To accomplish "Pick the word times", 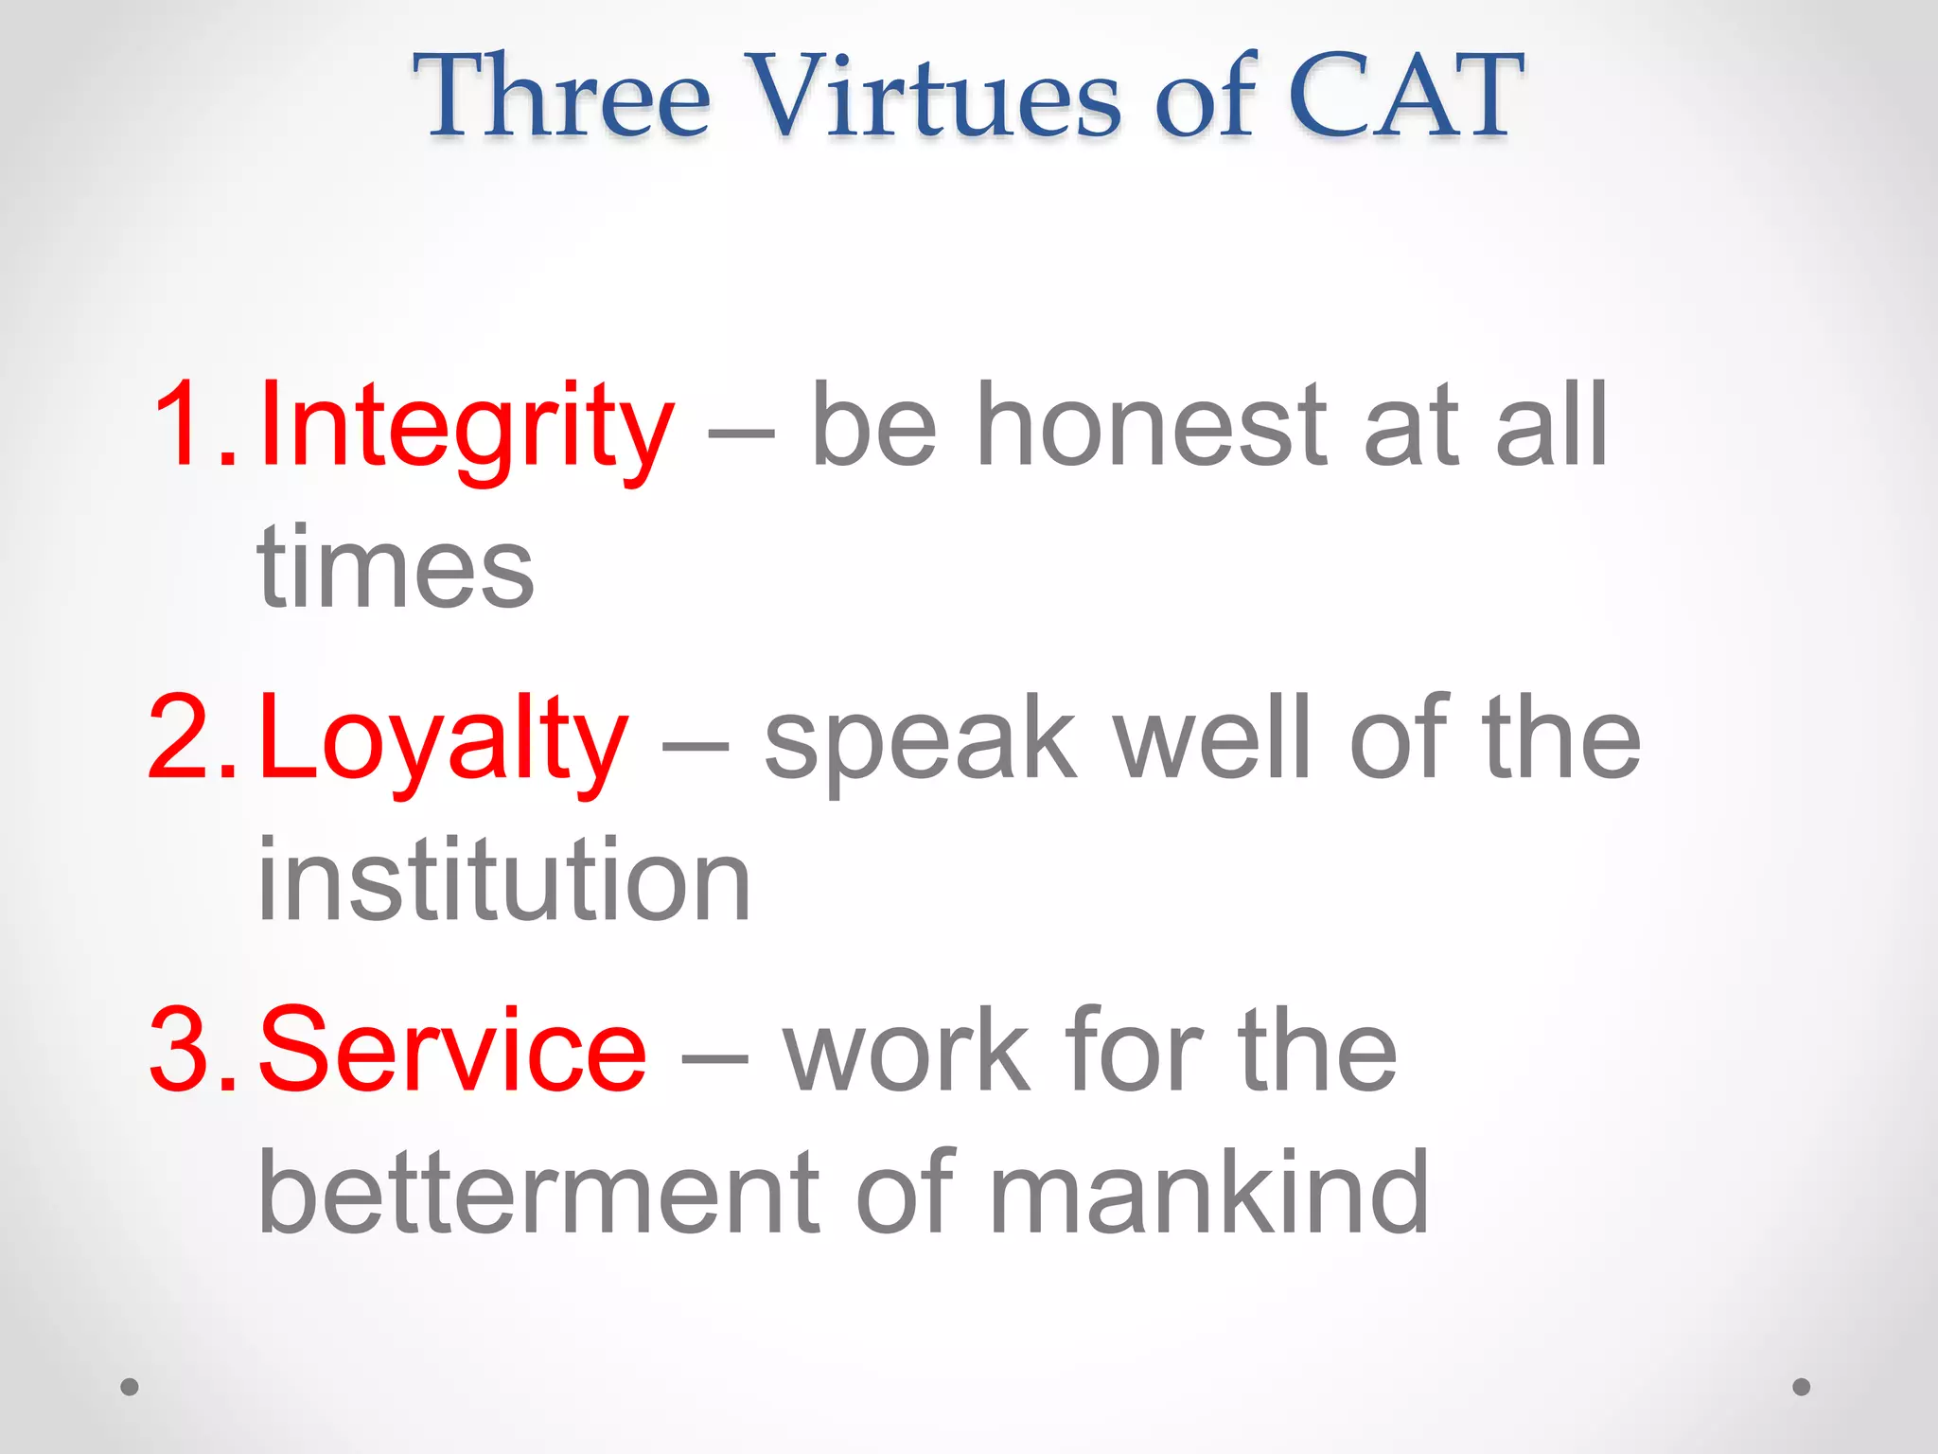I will click(396, 568).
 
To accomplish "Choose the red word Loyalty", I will click(443, 738).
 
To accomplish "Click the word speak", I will click(920, 738).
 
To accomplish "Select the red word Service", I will click(452, 1051).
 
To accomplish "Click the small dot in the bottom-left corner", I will click(130, 1387).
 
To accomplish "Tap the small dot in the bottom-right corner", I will click(1802, 1387).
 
